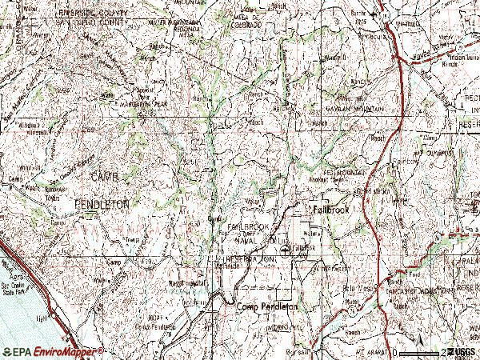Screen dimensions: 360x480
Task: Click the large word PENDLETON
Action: coord(102,205)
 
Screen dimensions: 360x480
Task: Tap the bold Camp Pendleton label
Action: coord(266,306)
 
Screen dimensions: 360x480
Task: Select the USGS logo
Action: coord(462,352)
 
